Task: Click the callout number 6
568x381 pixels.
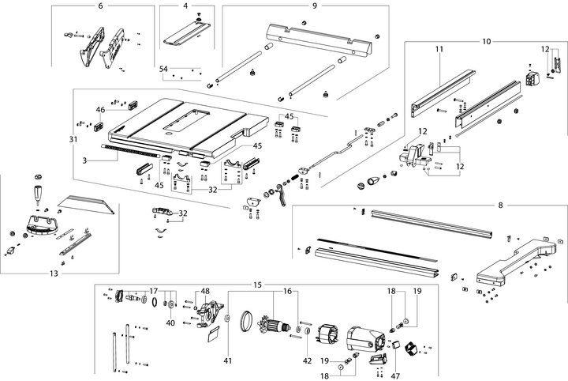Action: (100, 6)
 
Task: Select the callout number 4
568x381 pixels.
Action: (185, 6)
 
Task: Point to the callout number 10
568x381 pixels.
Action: (486, 40)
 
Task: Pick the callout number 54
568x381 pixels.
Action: (164, 70)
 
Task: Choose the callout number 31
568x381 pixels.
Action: (73, 139)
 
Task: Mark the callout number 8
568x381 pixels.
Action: (499, 206)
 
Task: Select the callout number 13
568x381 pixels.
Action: (54, 273)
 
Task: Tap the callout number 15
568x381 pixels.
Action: (257, 284)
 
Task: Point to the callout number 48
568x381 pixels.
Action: (205, 291)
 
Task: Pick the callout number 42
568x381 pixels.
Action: (308, 338)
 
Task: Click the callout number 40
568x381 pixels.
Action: (170, 323)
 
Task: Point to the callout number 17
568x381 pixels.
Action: (154, 291)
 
